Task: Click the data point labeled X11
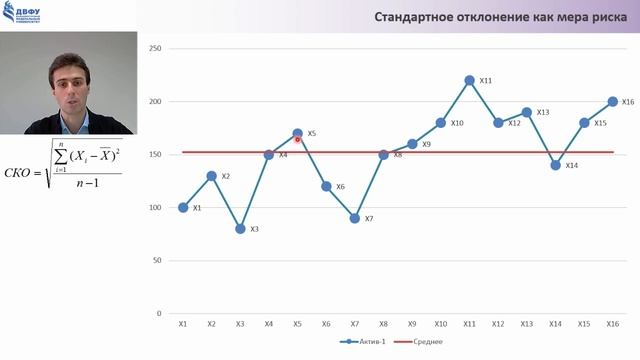[x=469, y=80]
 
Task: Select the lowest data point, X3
[x=240, y=229]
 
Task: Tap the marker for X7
[x=355, y=218]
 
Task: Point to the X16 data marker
[x=612, y=101]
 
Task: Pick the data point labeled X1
[x=183, y=208]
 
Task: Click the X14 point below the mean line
[x=555, y=165]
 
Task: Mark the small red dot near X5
[x=298, y=140]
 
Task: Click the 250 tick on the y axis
[x=155, y=49]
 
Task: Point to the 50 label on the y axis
[x=157, y=260]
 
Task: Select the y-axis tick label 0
[x=159, y=313]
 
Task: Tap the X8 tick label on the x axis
[x=383, y=324]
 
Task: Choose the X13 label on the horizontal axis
[x=526, y=324]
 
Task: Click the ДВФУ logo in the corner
[x=29, y=15]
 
